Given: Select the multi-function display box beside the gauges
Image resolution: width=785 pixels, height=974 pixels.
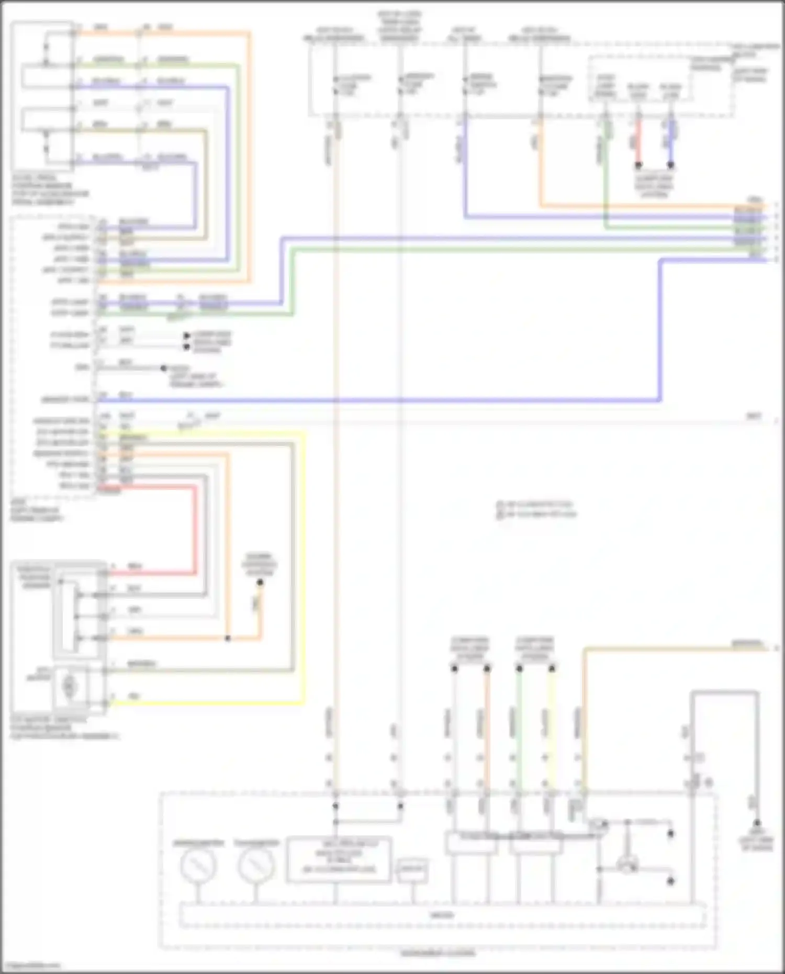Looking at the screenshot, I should point(339,860).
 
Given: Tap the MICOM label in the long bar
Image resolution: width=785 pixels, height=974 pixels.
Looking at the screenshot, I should point(442,915).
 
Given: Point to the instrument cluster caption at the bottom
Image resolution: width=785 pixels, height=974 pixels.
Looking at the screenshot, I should point(438,953).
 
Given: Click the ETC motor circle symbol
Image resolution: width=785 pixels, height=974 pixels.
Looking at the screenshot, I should point(69,686).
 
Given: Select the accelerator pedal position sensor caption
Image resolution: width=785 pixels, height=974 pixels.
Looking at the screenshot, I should point(50,190).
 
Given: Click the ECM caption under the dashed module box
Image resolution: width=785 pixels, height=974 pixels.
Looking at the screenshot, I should point(37,510).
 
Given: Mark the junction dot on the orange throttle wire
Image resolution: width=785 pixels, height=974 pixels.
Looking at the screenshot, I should point(228,639).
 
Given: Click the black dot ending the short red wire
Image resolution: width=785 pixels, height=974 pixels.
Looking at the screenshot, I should point(638,165).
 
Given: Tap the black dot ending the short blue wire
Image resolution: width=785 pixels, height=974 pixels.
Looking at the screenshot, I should point(670,165).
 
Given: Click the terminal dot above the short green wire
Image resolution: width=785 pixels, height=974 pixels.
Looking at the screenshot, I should point(519,668).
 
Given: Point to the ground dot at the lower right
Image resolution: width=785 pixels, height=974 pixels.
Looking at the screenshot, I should point(756,823).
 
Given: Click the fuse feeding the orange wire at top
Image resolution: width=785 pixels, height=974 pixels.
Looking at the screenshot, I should point(540,86).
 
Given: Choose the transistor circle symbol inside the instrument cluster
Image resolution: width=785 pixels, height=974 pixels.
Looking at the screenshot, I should point(626,866).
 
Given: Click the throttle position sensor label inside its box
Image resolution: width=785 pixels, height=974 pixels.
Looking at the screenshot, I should point(35,577).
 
